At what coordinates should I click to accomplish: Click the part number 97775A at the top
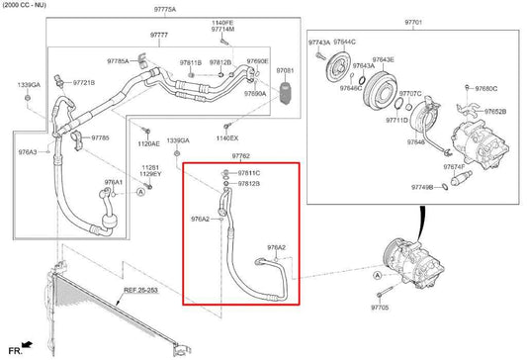[164, 9]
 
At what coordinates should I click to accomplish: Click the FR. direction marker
[16, 350]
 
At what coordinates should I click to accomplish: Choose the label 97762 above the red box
[239, 156]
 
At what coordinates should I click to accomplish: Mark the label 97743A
[319, 44]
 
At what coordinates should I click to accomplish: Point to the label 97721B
[83, 82]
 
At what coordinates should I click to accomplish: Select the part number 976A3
[27, 152]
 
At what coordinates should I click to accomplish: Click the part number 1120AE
[148, 142]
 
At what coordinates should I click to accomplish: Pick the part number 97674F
[454, 167]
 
